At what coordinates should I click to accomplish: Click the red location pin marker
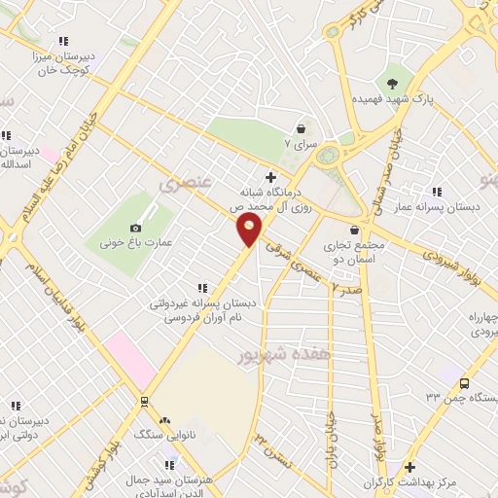pyautogui.click(x=250, y=230)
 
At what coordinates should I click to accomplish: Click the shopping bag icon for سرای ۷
pyautogui.click(x=301, y=128)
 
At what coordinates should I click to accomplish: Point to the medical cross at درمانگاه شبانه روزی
pyautogui.click(x=271, y=177)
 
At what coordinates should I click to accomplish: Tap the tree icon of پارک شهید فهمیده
pyautogui.click(x=392, y=83)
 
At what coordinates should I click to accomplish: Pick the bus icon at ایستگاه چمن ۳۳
pyautogui.click(x=464, y=383)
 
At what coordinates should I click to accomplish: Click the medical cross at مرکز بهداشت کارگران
pyautogui.click(x=409, y=467)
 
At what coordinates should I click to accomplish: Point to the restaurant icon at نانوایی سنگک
pyautogui.click(x=164, y=421)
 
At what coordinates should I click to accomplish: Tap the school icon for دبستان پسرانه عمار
pyautogui.click(x=438, y=192)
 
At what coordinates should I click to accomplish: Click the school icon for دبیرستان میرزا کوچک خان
pyautogui.click(x=63, y=41)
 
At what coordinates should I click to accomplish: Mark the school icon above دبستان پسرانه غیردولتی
pyautogui.click(x=202, y=288)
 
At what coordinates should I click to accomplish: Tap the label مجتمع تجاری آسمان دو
pyautogui.click(x=356, y=252)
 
